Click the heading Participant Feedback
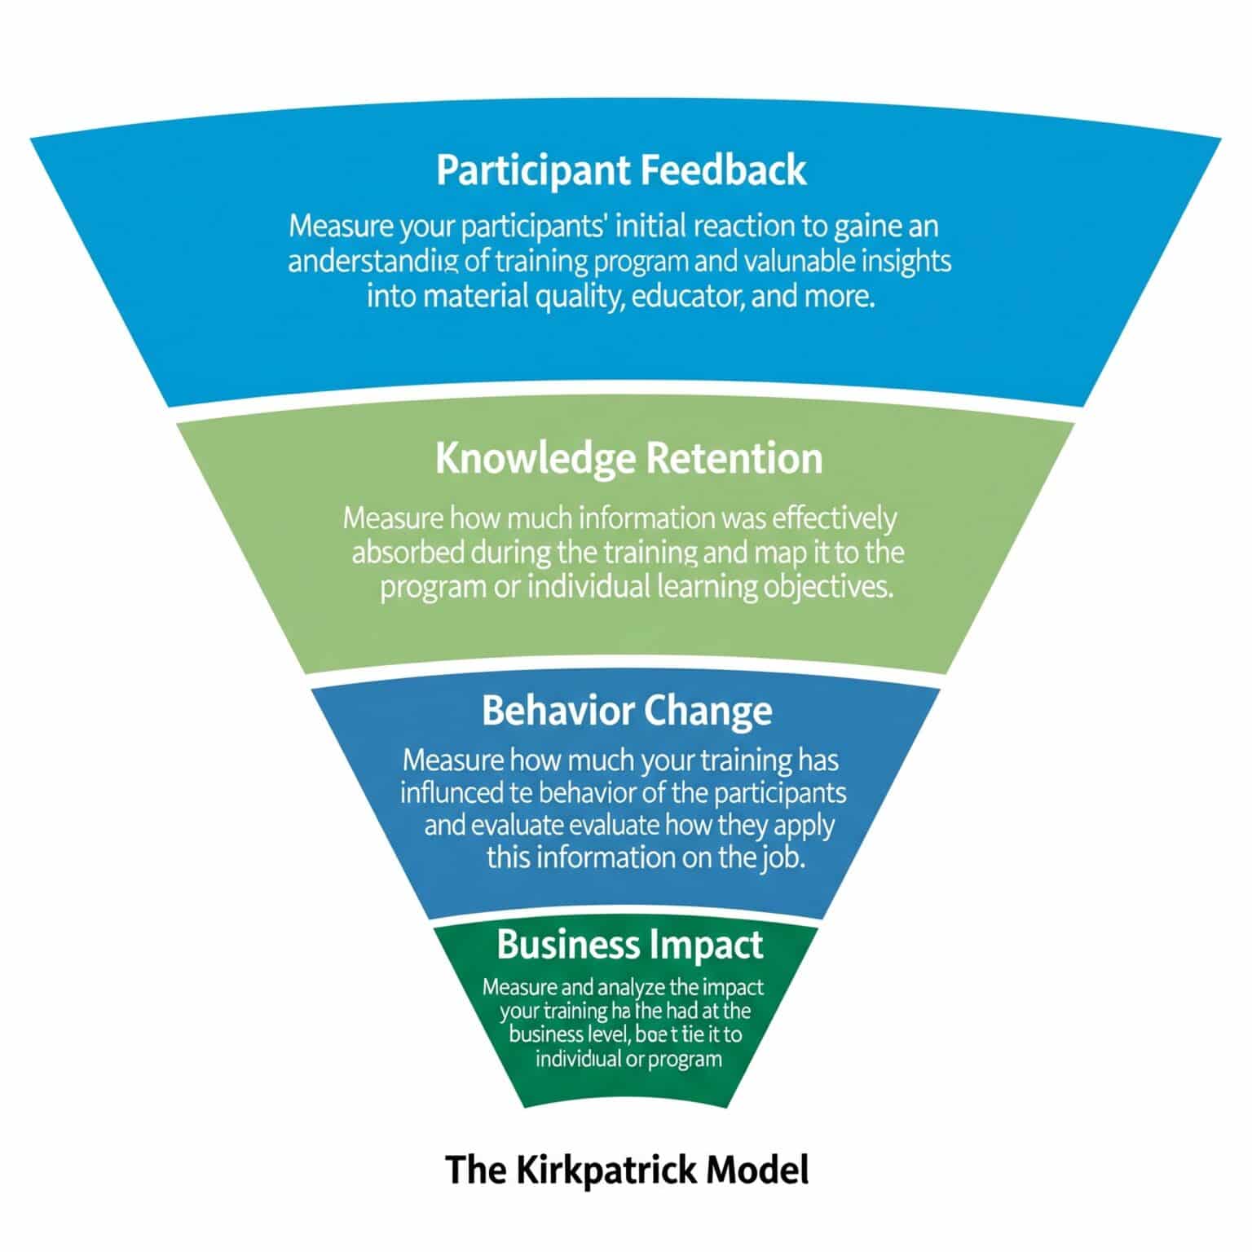coord(621,170)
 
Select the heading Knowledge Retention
coord(628,458)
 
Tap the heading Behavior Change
coord(627,711)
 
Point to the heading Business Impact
coord(629,945)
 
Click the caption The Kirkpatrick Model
coord(628,1170)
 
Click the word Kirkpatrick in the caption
coord(606,1170)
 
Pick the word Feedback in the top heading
coord(723,170)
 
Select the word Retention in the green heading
coord(734,458)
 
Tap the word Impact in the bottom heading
coord(708,945)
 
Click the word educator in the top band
coord(683,295)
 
